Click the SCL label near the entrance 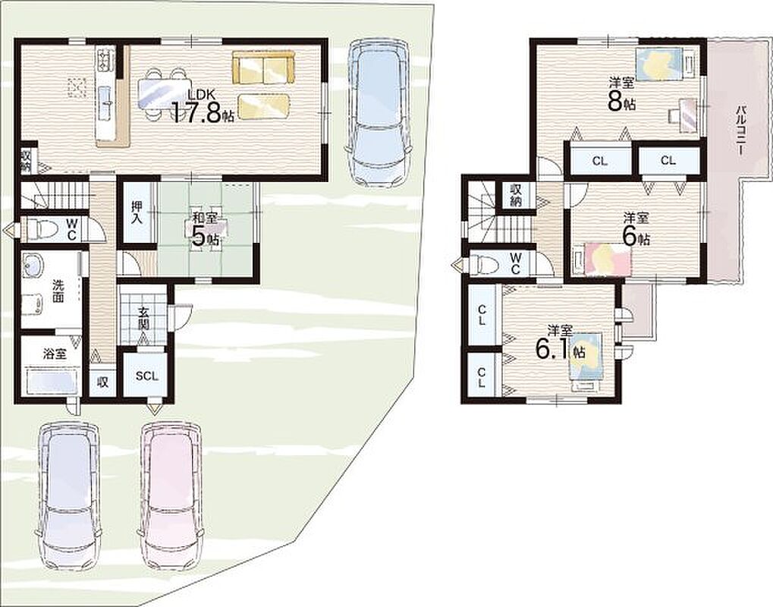[x=147, y=376]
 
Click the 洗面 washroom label [x=58, y=291]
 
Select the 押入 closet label [x=137, y=212]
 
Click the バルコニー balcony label [x=740, y=131]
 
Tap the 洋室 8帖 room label [x=621, y=93]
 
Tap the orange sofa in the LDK [x=262, y=67]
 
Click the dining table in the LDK [x=164, y=93]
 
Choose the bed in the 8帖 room [x=663, y=64]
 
